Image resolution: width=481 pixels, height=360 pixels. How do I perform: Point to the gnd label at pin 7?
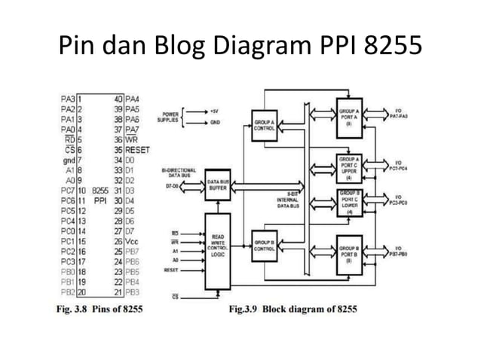67,160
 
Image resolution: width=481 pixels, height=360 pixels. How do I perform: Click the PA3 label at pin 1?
67,99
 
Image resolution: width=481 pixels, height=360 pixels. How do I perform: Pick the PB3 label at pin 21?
133,291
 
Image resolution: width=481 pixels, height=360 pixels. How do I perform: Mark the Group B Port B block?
349,251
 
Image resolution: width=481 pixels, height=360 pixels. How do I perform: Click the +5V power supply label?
215,110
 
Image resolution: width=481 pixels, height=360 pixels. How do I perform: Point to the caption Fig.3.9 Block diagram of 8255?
293,309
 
